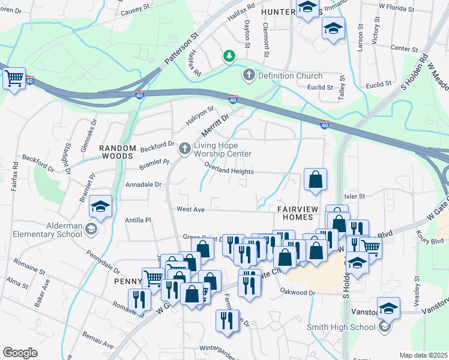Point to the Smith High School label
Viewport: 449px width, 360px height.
pos(340,327)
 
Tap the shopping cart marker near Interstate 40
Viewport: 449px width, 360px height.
pos(13,79)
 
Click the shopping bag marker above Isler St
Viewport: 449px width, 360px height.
pos(315,179)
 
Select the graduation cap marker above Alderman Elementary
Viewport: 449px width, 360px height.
pos(100,208)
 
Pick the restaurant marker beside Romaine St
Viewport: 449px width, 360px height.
pos(138,299)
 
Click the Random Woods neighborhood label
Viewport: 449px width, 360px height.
pos(116,151)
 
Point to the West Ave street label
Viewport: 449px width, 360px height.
pos(191,209)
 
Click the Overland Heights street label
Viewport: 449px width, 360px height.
pos(229,171)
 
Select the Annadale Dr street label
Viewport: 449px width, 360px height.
pos(143,185)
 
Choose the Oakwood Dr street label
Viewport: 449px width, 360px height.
pos(297,292)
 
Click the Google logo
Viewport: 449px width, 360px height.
pos(20,352)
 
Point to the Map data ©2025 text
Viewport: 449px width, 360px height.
pos(423,355)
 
